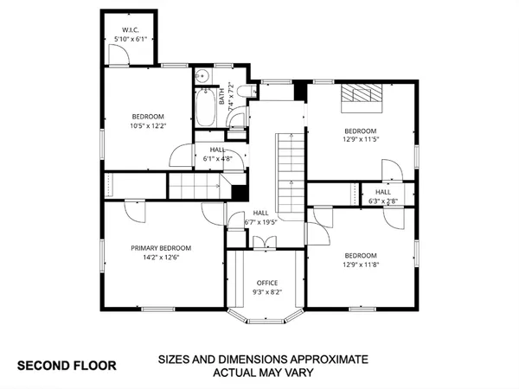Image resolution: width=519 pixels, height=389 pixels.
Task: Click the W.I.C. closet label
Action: click(130, 30)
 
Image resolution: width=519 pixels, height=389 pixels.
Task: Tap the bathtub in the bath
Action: click(206, 108)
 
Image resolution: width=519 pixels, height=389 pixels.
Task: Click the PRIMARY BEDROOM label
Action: click(161, 248)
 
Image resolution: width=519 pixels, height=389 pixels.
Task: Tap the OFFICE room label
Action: click(266, 283)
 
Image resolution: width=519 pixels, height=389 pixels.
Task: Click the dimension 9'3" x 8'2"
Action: click(266, 292)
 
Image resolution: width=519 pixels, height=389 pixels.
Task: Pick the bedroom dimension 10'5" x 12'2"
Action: click(148, 126)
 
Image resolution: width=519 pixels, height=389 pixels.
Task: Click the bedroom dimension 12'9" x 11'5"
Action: click(361, 139)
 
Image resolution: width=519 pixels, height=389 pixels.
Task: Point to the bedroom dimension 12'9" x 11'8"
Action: click(361, 265)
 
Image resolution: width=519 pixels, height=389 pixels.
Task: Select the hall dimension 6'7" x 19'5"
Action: click(260, 222)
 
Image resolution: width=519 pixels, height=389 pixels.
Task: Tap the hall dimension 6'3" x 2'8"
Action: click(382, 201)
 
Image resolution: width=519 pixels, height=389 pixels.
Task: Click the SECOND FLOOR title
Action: click(67, 366)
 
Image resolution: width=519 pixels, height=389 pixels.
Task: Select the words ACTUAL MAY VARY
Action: click(263, 373)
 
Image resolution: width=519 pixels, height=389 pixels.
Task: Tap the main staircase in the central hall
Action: click(292, 164)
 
